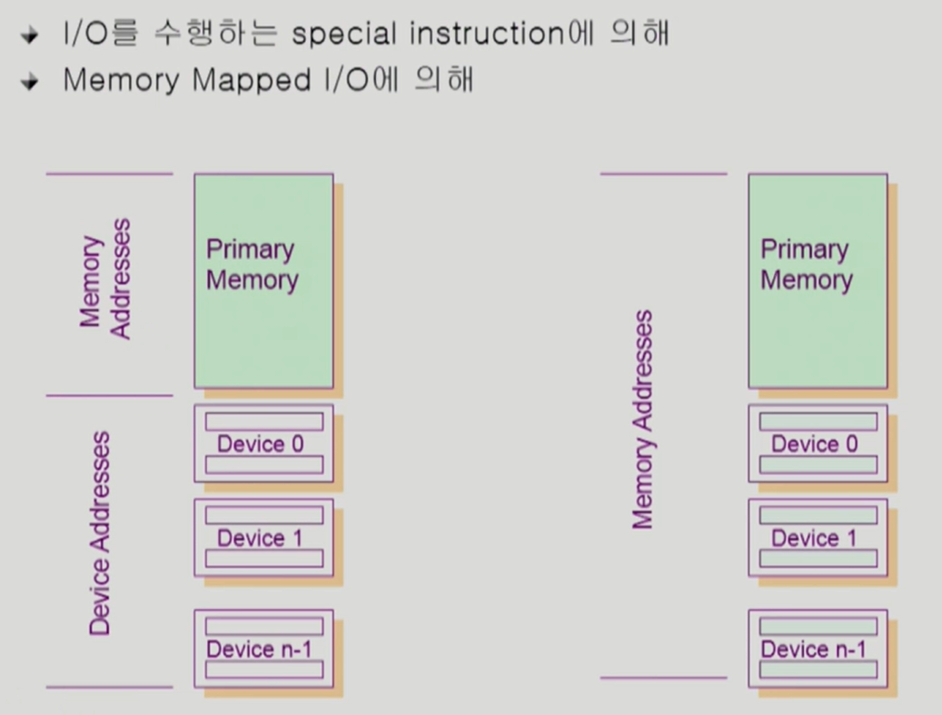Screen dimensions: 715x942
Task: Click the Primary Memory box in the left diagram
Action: [263, 282]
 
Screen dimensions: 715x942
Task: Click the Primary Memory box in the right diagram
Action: [818, 282]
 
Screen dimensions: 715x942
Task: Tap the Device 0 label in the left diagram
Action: [260, 444]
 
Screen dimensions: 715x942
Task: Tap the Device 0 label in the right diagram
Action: [814, 444]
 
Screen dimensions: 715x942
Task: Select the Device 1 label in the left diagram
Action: [260, 538]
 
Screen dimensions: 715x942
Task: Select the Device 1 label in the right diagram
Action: [814, 538]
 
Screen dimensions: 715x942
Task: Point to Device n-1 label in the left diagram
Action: [260, 650]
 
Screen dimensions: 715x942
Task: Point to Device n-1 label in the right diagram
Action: [814, 650]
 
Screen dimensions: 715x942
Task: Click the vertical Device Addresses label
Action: [101, 533]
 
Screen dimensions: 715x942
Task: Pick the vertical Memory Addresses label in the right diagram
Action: [643, 420]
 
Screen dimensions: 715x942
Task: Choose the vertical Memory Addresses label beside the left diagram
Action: [106, 279]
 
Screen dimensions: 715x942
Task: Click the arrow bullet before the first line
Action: [31, 36]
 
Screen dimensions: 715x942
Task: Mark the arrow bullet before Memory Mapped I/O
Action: [31, 82]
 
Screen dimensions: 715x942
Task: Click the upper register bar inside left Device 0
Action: [263, 422]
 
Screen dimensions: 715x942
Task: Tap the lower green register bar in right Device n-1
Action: [818, 670]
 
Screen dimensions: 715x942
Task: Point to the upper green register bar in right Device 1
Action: [818, 515]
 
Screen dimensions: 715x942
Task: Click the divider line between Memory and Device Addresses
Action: [109, 396]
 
